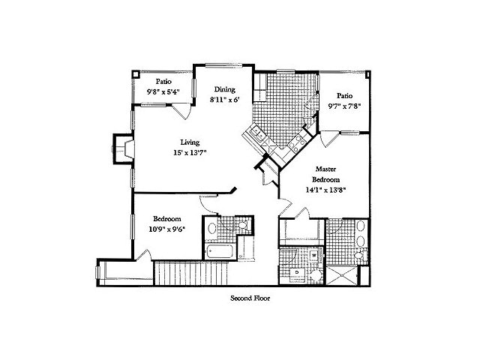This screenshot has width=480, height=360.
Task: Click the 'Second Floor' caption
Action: point(250,298)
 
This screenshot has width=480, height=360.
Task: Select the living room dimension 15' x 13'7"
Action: point(190,152)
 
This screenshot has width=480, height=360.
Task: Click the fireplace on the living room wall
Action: point(122,147)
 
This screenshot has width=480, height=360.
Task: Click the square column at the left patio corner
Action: point(136,74)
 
